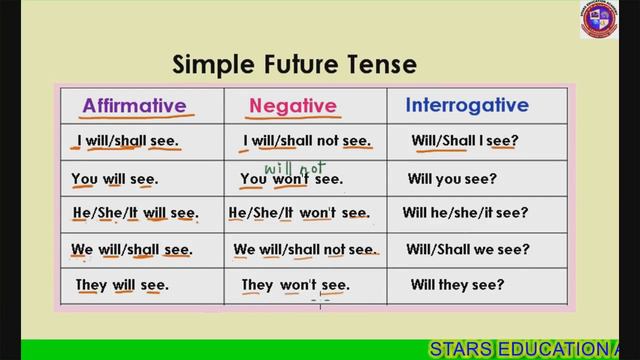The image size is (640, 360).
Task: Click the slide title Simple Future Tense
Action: coord(295,65)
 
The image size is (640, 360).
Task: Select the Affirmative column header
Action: coord(134,105)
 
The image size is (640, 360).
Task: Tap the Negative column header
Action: coord(292,105)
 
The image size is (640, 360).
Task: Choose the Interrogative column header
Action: coord(466,104)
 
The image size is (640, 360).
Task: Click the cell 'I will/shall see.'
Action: coord(127,141)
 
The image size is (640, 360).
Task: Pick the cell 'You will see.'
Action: coord(114,180)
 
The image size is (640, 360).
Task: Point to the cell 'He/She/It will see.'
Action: coord(135,213)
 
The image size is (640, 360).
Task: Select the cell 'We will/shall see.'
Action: coord(131,249)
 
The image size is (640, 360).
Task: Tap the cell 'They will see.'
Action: coord(122,285)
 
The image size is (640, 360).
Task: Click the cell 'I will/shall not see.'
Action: coord(307,141)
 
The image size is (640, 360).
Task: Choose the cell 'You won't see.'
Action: coord(291,180)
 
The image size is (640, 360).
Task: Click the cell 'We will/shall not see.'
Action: coord(304,249)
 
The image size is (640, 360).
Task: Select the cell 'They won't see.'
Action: coord(295,285)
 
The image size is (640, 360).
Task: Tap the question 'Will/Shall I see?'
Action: coord(464,141)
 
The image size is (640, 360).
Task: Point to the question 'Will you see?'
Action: coord(451,180)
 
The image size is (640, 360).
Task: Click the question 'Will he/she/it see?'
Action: coord(465,213)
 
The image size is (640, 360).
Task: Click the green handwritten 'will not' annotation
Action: coord(282,158)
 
